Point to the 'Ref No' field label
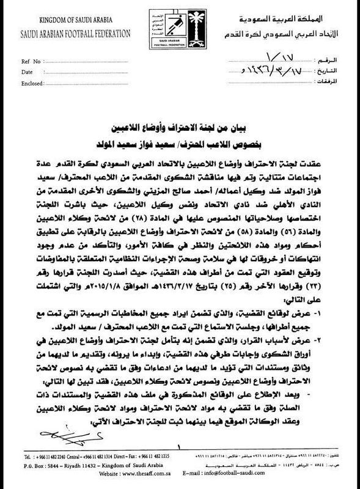[x=32, y=62]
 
